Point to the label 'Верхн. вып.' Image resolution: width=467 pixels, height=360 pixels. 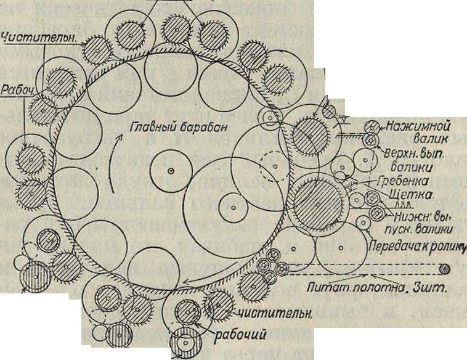[412, 154]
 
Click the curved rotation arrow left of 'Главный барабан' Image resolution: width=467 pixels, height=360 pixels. [111, 169]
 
